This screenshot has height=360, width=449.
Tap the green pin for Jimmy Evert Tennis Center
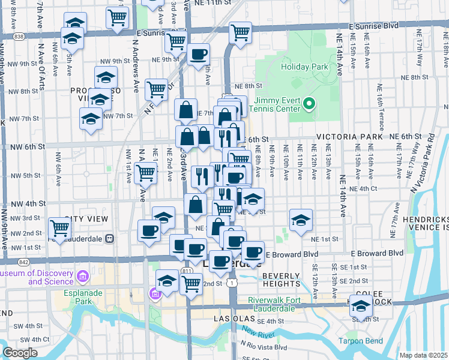click(x=309, y=104)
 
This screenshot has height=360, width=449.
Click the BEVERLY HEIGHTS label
click(x=280, y=279)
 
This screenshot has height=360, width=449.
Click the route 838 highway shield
click(x=20, y=37)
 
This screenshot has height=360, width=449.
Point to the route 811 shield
click(x=187, y=271)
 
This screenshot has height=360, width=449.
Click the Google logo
click(x=20, y=353)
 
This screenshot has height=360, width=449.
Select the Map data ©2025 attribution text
click(x=423, y=355)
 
